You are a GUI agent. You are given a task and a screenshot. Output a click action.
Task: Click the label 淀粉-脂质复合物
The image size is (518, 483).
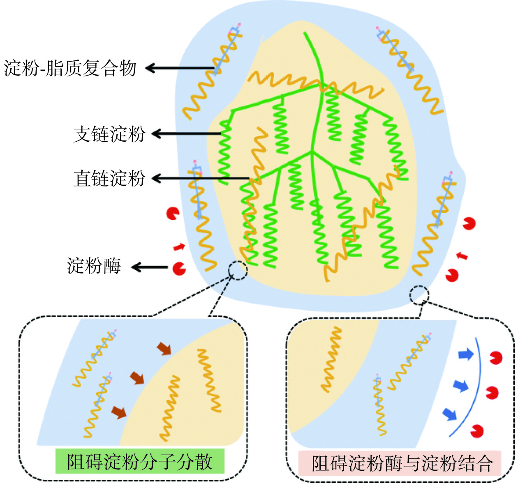pos(70,68)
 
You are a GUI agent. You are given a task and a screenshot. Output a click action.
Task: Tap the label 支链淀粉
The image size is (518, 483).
pos(109,134)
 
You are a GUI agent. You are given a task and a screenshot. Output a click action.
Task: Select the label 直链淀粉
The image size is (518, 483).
pos(109,179)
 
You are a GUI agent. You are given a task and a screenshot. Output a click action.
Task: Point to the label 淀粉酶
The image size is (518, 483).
pos(94,266)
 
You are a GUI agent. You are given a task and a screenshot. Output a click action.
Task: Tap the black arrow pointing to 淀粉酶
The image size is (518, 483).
pos(150,267)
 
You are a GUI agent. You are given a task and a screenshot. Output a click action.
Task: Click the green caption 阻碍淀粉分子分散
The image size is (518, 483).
pos(140,462)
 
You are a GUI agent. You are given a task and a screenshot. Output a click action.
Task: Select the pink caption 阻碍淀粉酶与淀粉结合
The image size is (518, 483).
pos(402,464)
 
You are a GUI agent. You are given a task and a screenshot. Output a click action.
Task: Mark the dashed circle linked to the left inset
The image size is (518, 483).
pos(238,270)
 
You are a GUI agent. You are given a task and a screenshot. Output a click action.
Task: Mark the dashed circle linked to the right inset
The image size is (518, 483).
pos(419,295)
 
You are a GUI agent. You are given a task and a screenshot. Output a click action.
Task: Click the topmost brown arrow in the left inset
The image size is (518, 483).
pos(164,349)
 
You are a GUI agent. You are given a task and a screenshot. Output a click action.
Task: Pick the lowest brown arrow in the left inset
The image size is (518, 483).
pos(119,412)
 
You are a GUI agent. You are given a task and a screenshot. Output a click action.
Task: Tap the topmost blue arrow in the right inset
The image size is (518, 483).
pos(466,354)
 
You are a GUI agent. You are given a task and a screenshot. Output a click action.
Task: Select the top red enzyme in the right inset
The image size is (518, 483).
pos(496,358)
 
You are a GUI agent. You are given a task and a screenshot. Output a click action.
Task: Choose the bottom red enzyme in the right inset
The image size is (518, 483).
pos(477,431)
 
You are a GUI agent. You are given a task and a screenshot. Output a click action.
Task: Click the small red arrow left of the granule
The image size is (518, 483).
pos(179,247)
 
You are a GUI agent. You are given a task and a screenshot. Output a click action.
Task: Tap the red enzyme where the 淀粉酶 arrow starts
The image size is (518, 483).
pos(179,269)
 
